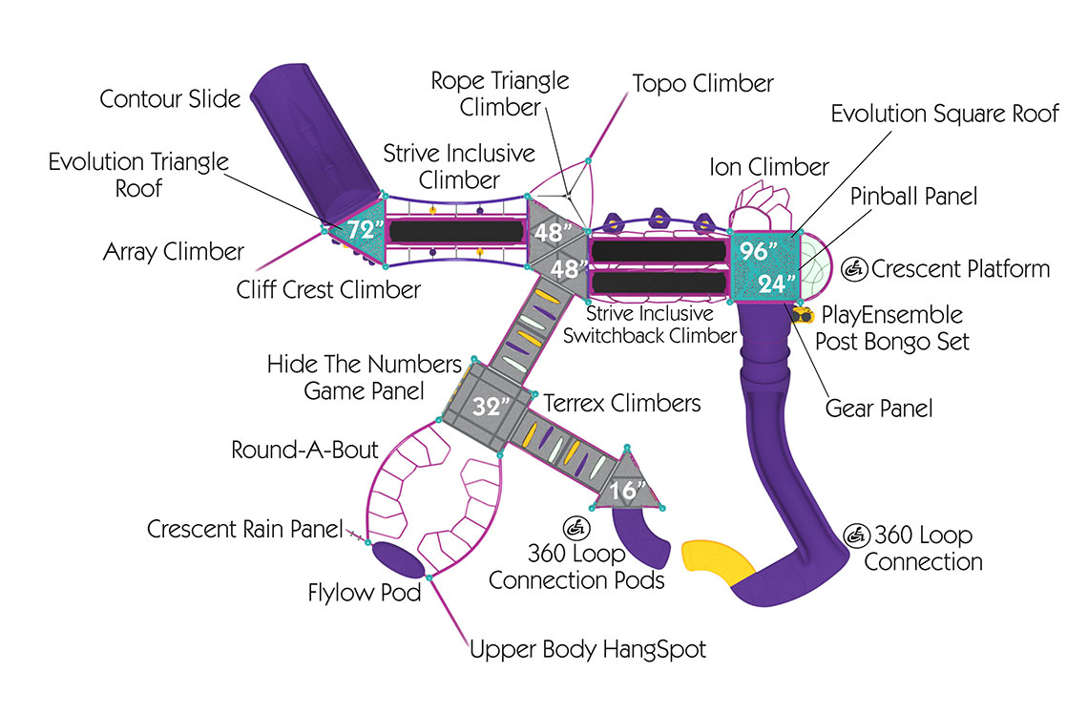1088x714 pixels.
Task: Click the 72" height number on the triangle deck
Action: tap(365, 230)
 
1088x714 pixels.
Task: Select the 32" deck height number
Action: tap(489, 408)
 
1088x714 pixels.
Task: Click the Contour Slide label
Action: tap(170, 98)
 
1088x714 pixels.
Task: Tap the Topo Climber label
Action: tap(702, 83)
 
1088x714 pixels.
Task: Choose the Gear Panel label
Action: tap(878, 409)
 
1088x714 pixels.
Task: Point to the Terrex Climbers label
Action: tap(621, 403)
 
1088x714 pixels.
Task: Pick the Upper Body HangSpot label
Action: tap(587, 650)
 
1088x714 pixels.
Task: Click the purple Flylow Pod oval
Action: tap(396, 559)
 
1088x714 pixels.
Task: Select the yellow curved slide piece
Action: tap(720, 564)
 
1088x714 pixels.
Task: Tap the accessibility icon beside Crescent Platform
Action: tap(855, 270)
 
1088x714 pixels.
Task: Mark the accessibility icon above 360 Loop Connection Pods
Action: tap(576, 527)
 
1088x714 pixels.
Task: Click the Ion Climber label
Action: tap(768, 167)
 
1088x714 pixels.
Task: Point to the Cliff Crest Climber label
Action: tap(328, 289)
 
